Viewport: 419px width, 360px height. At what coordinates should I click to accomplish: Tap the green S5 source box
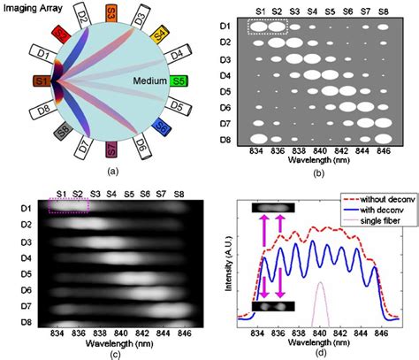pos(181,83)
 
